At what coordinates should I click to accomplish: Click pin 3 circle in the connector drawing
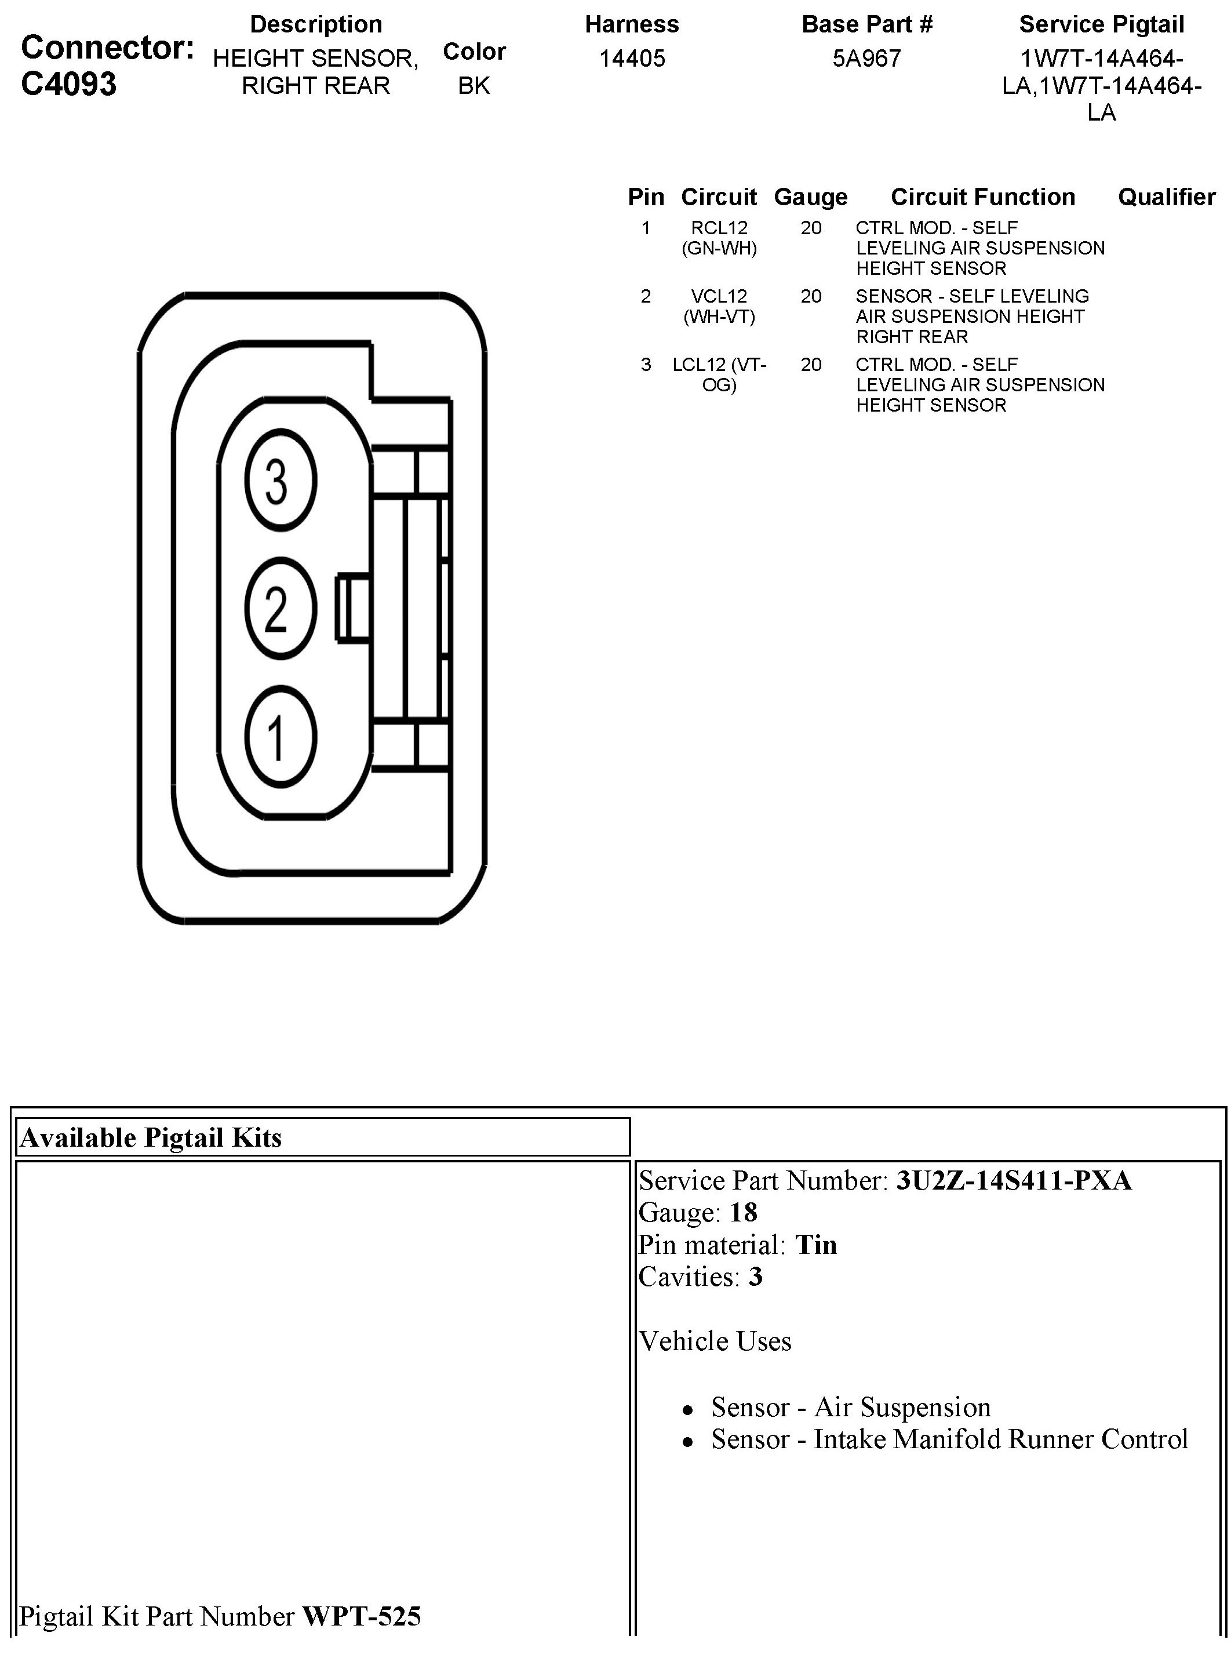(x=280, y=481)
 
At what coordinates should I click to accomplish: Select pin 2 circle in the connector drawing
(x=280, y=609)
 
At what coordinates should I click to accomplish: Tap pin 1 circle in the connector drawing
(x=280, y=737)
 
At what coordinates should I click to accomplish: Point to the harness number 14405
(x=632, y=58)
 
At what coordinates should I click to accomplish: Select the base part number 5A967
(x=866, y=58)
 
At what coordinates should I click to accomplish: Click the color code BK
(x=474, y=86)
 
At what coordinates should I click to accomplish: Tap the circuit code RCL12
(x=719, y=228)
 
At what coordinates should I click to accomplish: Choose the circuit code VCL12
(x=719, y=297)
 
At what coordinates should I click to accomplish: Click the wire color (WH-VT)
(x=719, y=317)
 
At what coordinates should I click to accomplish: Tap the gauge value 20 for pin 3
(x=811, y=365)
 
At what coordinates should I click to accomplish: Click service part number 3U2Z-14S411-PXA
(x=1014, y=1180)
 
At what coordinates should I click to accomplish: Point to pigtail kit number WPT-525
(x=362, y=1616)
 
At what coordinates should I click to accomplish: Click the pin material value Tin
(x=816, y=1245)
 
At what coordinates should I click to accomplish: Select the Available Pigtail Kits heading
(x=151, y=1137)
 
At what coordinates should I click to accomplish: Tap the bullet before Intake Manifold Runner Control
(x=688, y=1442)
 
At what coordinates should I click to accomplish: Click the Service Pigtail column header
(x=1101, y=24)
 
